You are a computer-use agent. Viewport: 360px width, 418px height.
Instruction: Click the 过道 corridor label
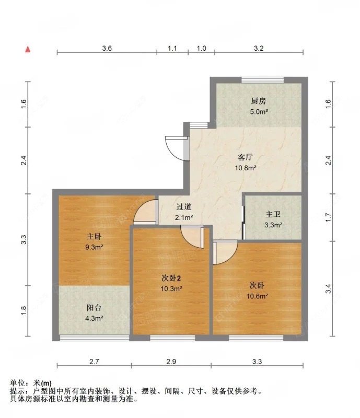pyautogui.click(x=183, y=207)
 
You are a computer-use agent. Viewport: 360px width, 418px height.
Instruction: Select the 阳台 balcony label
pyautogui.click(x=94, y=307)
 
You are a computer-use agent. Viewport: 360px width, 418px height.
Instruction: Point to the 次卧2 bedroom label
pyautogui.click(x=171, y=278)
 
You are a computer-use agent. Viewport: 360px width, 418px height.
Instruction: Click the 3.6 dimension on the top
pyautogui.click(x=107, y=48)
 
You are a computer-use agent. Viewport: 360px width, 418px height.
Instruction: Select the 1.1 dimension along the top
pyautogui.click(x=172, y=48)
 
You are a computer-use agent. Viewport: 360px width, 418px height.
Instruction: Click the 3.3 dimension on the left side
pyautogui.click(x=24, y=240)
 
